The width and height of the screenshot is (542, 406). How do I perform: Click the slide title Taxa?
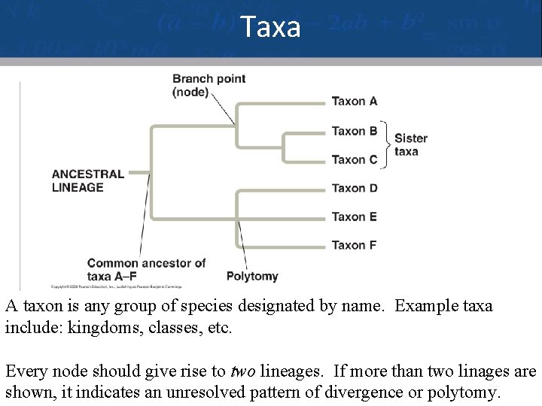271,28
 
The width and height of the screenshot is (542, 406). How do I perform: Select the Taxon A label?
355,101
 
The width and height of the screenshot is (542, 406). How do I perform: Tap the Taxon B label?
355,131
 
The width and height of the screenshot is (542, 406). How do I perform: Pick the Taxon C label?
355,159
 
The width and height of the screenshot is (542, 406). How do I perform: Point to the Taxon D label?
355,188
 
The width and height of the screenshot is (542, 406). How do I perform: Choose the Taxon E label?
355,217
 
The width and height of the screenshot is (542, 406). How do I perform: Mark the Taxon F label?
355,245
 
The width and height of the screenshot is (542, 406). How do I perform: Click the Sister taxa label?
411,144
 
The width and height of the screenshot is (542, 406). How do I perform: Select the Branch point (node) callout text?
209,85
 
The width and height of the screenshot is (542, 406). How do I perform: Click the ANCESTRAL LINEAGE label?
87,180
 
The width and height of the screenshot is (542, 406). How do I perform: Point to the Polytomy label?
252,276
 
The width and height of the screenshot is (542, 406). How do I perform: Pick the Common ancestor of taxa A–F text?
146,269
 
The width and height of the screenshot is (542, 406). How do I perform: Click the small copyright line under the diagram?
117,286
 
